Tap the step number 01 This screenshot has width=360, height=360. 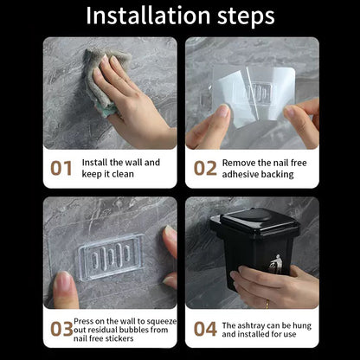point(61,168)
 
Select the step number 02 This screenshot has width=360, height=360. point(205,168)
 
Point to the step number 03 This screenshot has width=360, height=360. point(61,329)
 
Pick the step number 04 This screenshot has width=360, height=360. point(205,329)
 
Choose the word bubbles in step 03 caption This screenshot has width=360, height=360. point(137,329)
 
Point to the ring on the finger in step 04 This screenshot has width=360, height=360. point(267,303)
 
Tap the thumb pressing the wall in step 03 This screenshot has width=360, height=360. point(66,286)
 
